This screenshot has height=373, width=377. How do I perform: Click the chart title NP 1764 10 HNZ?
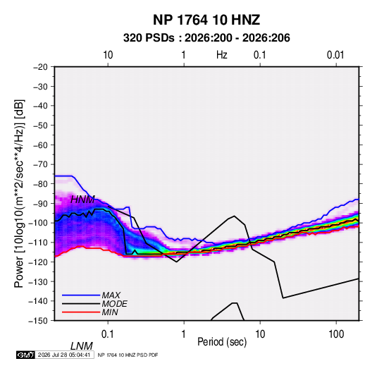coord(206,20)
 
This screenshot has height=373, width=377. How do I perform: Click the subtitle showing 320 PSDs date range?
coord(206,38)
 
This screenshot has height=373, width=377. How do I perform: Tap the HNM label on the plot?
coord(82,200)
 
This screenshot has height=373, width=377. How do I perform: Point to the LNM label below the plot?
coord(81,346)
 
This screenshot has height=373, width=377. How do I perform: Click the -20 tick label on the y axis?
coord(40,67)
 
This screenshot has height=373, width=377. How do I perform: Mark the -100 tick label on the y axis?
coord(38,223)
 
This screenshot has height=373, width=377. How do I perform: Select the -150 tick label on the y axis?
coord(38,321)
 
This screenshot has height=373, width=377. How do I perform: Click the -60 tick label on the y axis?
coord(40,145)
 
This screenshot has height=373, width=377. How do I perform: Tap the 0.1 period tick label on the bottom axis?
coord(107,334)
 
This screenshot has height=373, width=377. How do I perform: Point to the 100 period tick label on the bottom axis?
coord(335,334)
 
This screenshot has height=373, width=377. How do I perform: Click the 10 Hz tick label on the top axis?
coord(108,55)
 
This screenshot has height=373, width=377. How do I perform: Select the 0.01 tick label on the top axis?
coord(335,55)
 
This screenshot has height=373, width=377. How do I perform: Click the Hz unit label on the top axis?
coord(222,55)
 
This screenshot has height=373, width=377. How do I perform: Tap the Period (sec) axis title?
coord(222,342)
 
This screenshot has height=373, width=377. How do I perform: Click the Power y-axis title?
coord(19,194)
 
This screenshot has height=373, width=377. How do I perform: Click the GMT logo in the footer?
coord(26,355)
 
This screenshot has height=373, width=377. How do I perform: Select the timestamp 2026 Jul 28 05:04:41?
coord(64,355)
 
